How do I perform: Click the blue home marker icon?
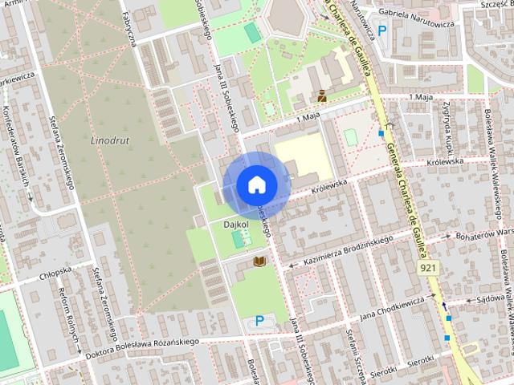[x=256, y=184]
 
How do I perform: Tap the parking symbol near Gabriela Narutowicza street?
[x=382, y=31]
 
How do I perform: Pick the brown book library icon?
[x=259, y=261]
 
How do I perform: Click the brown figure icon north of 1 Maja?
[x=321, y=95]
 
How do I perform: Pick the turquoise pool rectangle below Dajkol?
[x=238, y=240]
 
